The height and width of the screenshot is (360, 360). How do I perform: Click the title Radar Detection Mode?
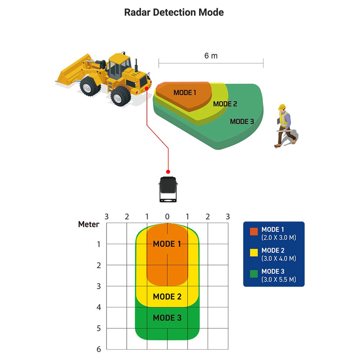(174, 12)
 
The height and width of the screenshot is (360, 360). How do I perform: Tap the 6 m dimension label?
(211, 56)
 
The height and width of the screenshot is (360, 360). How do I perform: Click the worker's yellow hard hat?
(282, 107)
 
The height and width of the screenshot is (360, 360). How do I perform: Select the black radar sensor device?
(167, 189)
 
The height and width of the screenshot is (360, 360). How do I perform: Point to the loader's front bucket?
(74, 71)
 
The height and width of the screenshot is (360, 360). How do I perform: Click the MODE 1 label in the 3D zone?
(185, 93)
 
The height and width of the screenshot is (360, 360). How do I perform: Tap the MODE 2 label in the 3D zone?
(225, 104)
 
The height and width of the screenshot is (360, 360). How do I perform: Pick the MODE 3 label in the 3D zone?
(242, 122)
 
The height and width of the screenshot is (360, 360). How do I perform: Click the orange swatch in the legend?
(254, 231)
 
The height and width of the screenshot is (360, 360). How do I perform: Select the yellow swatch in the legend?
(254, 252)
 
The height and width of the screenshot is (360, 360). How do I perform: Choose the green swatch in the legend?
(254, 274)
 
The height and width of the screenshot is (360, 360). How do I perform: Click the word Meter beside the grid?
(89, 225)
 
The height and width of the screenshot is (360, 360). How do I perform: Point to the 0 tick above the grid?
(167, 217)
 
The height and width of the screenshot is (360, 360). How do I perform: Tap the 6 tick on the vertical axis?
(99, 349)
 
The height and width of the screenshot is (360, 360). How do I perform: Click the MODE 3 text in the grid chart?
(167, 318)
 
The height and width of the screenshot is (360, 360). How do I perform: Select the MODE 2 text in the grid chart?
(167, 297)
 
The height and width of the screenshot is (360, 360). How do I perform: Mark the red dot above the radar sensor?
(168, 172)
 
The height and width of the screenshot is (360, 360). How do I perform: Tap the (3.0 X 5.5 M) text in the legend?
(279, 279)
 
